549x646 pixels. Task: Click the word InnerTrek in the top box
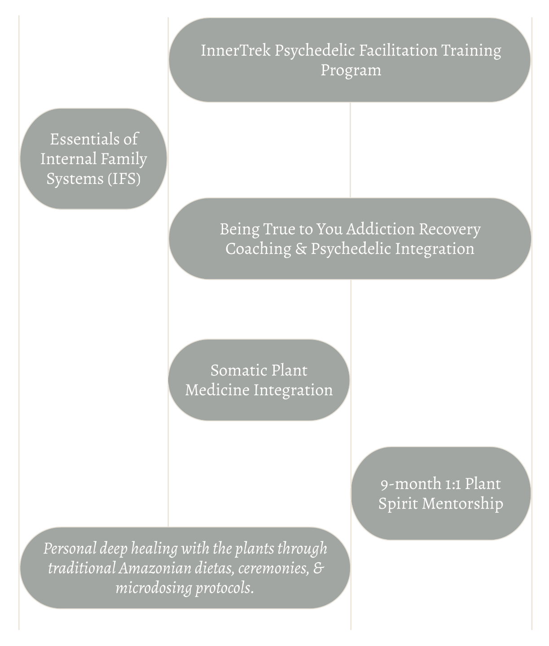pyautogui.click(x=236, y=50)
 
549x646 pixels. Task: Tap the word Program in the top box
pyautogui.click(x=351, y=70)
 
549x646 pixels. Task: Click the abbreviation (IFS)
pyautogui.click(x=123, y=179)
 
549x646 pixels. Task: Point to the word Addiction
pyautogui.click(x=380, y=229)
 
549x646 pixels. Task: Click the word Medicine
pyautogui.click(x=217, y=390)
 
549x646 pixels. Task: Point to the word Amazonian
pyautogui.click(x=147, y=568)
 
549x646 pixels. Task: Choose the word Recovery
pyautogui.click(x=449, y=229)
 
